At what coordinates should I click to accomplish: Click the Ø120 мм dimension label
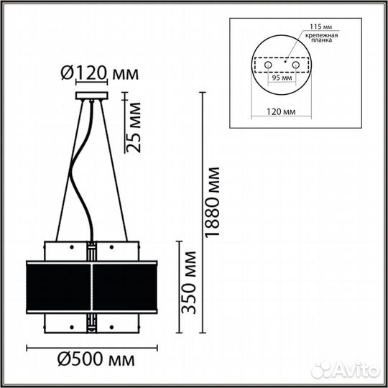pos(91,73)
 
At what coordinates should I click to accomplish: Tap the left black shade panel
pos(58,285)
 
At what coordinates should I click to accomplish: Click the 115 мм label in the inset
pos(321,27)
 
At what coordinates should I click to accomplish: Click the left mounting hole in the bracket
pos(269,65)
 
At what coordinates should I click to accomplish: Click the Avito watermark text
pos(351,371)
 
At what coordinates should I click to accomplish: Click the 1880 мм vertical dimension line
pos(200,216)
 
